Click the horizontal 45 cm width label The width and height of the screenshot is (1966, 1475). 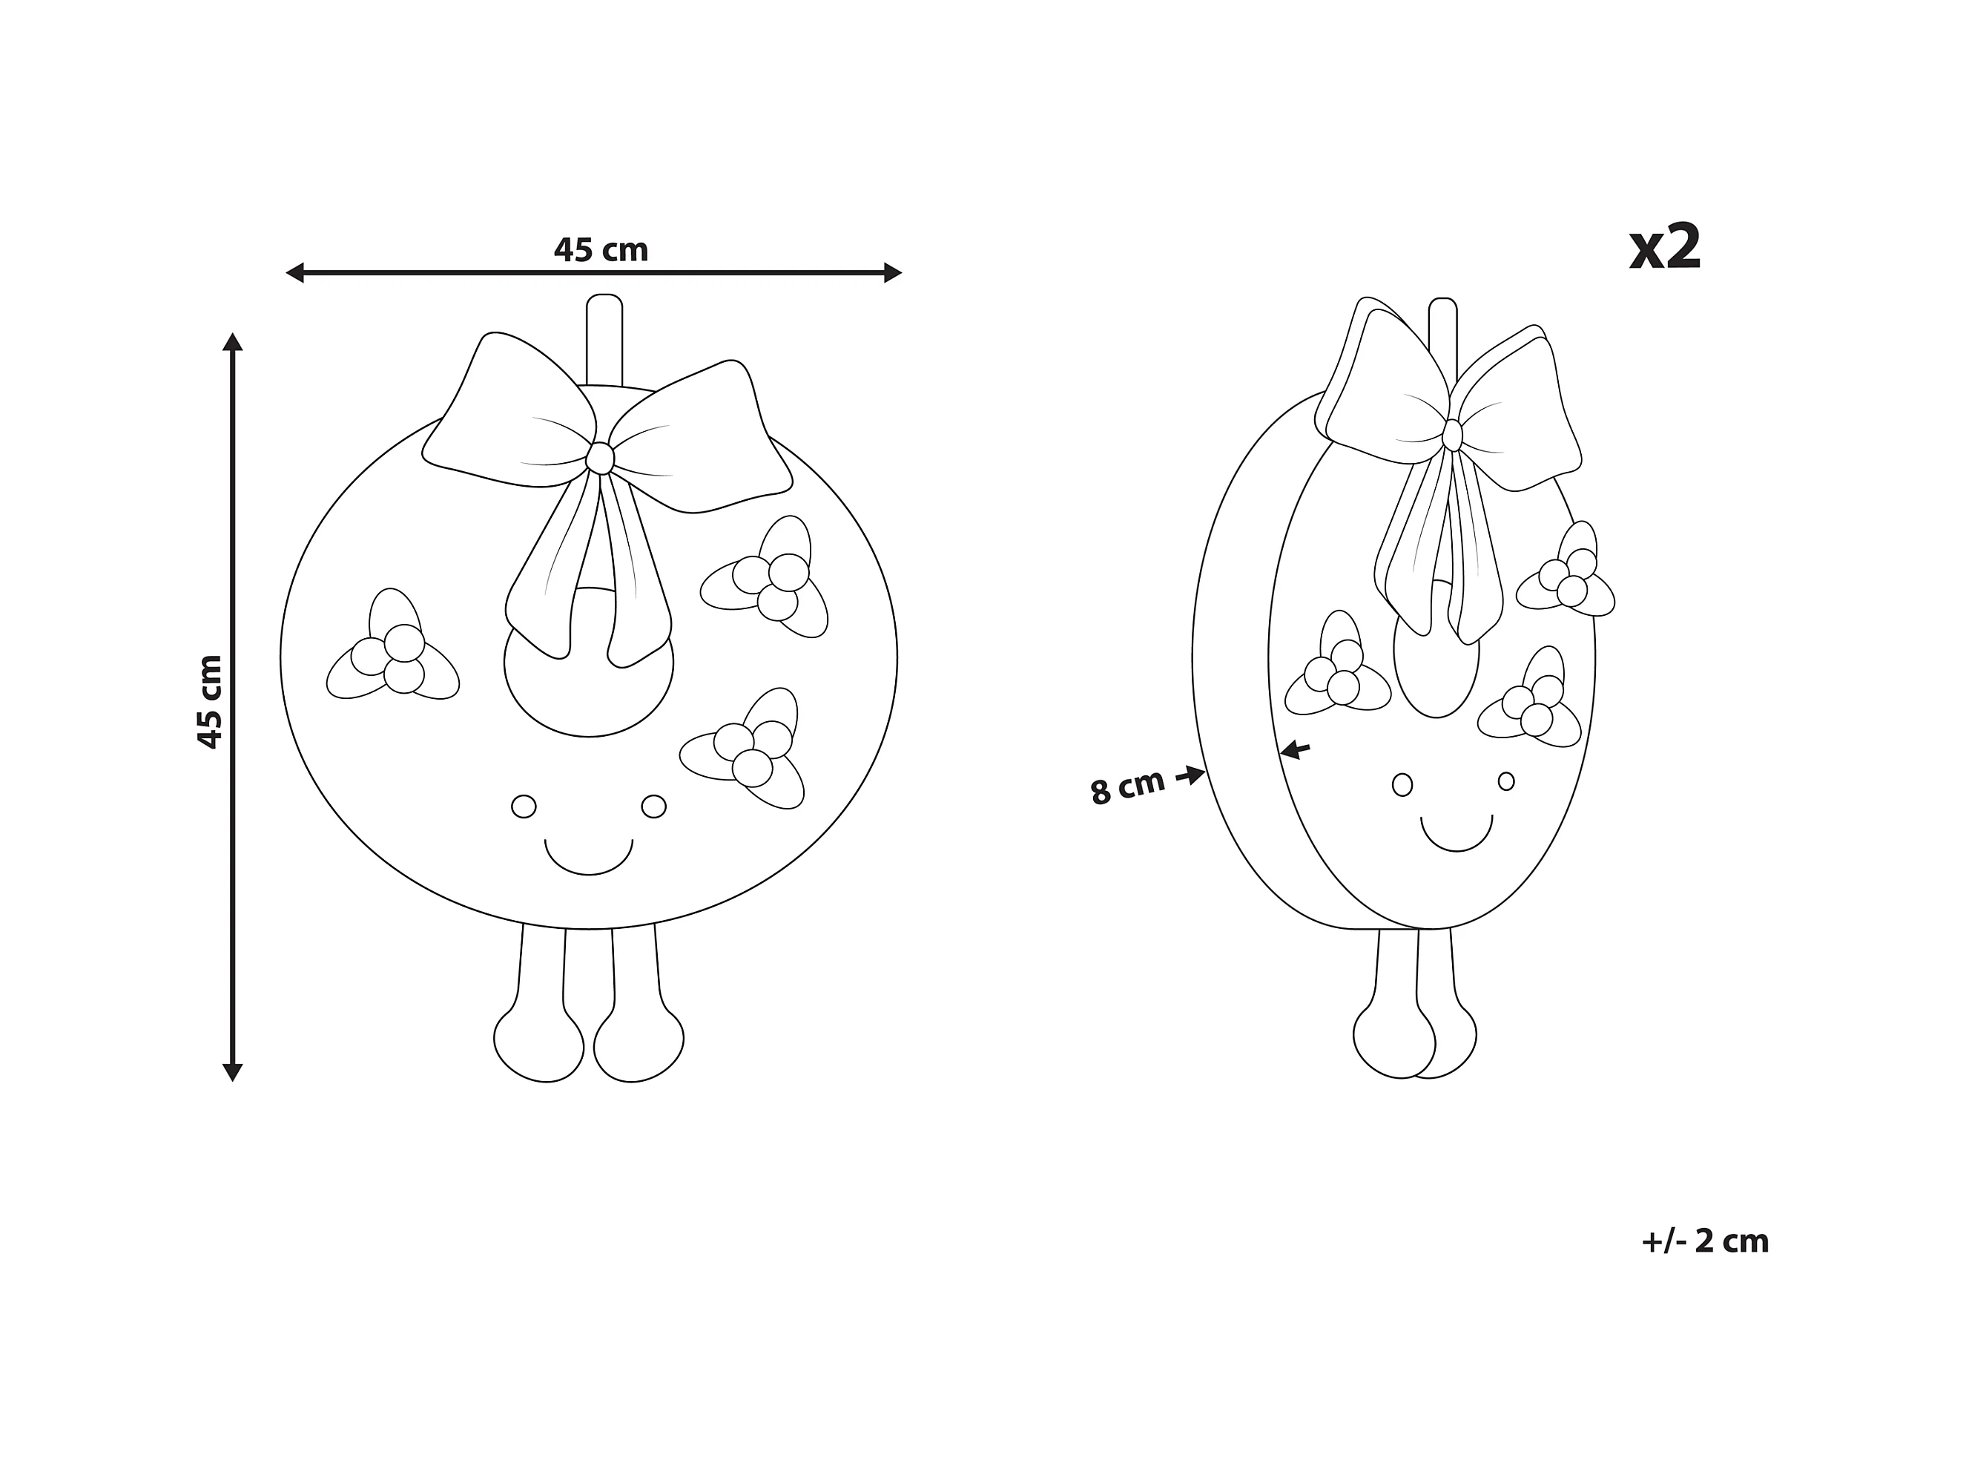(x=601, y=251)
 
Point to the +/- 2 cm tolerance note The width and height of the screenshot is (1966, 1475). (x=1705, y=1241)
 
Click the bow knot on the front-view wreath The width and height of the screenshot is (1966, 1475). (x=600, y=459)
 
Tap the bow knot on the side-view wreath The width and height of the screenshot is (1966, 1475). (x=1452, y=436)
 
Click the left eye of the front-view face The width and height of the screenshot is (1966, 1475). (x=524, y=807)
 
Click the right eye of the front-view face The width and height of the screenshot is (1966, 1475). (x=653, y=807)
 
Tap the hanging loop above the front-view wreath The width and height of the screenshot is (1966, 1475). (x=604, y=338)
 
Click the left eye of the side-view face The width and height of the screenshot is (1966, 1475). (x=1402, y=785)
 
